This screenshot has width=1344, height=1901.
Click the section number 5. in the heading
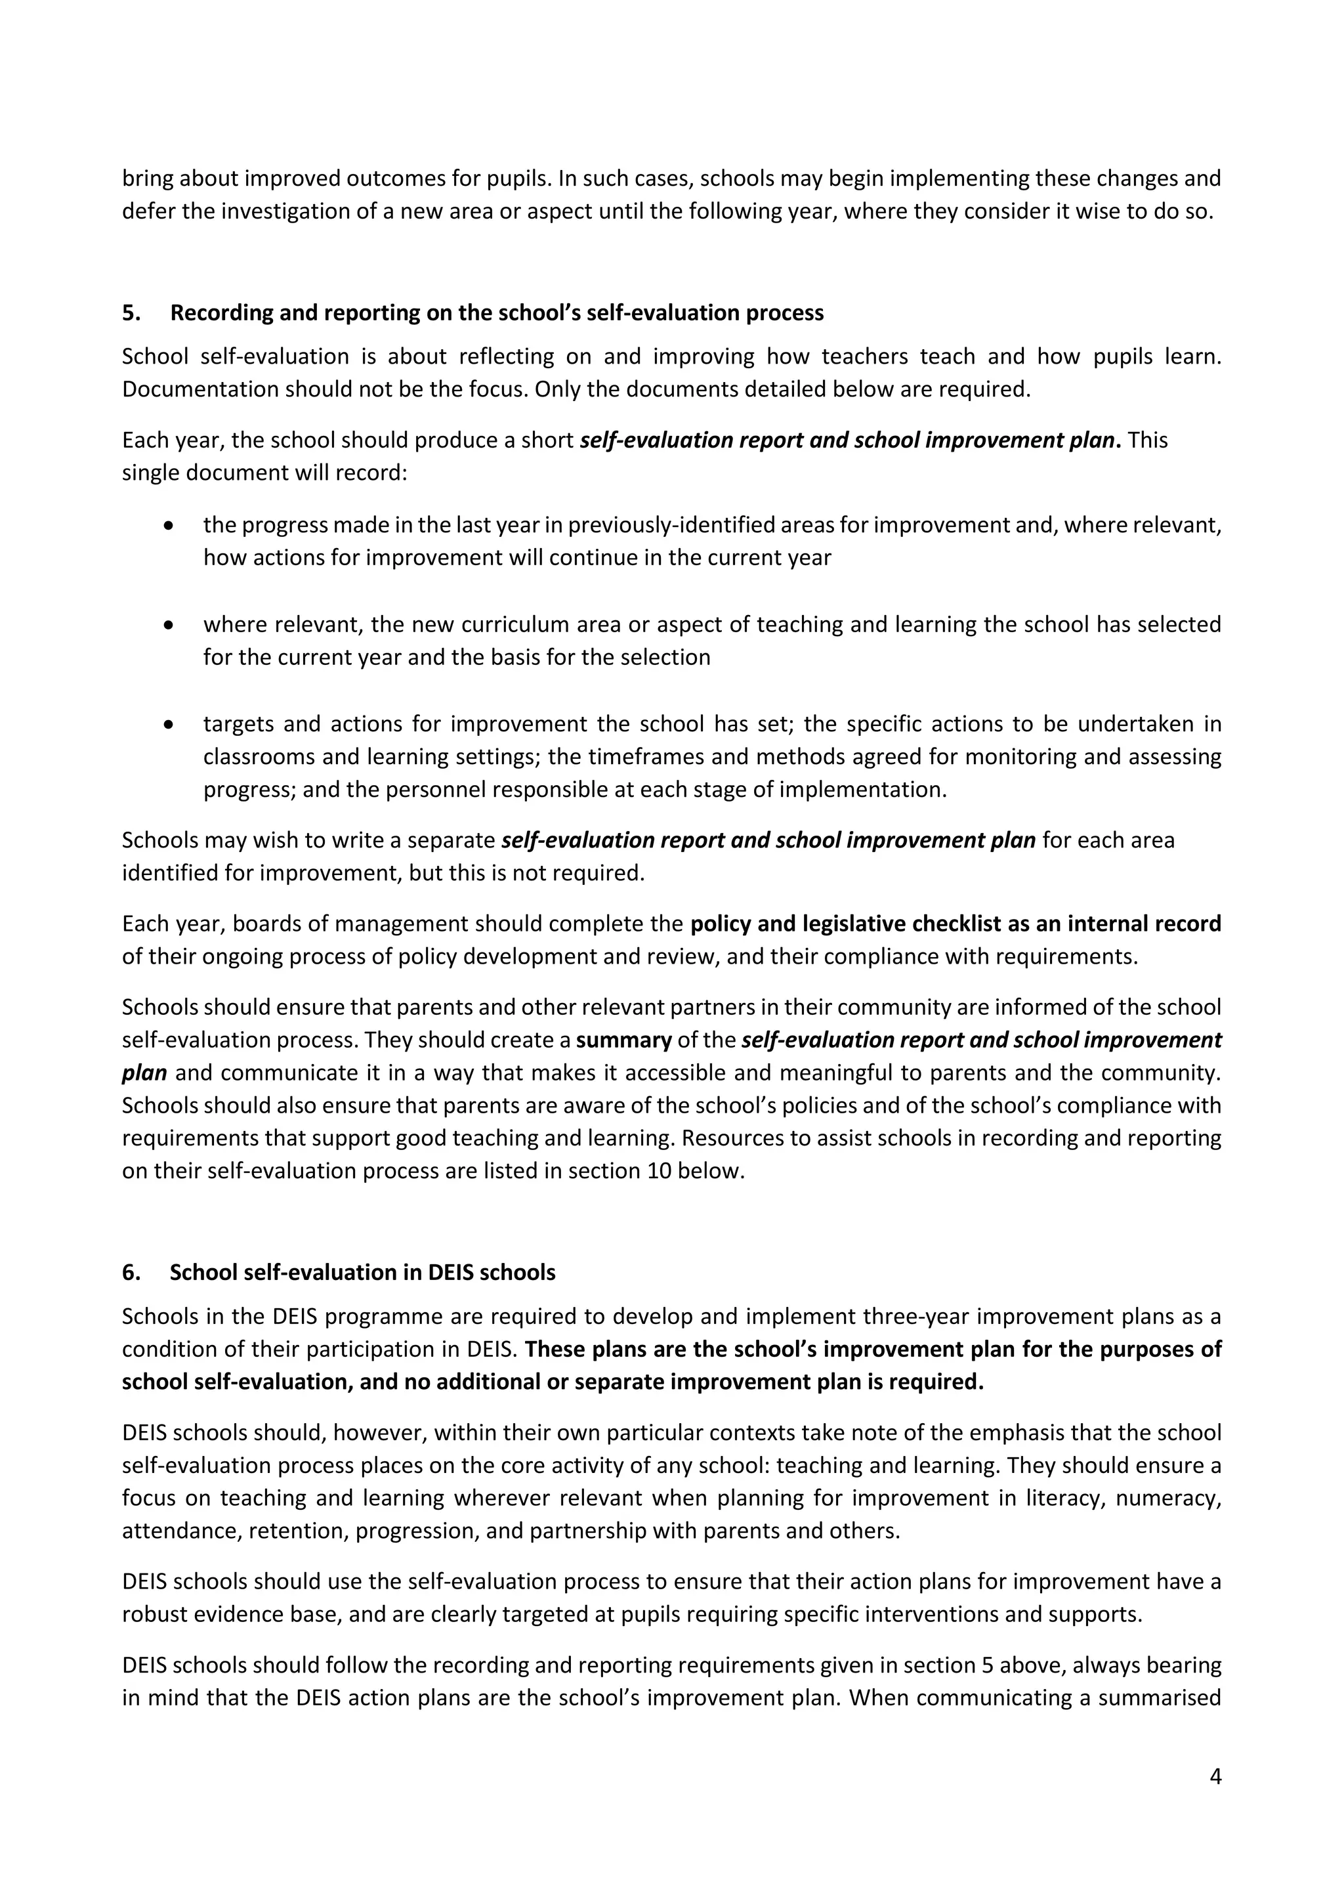pos(131,312)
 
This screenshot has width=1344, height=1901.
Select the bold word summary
pos(623,1040)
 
